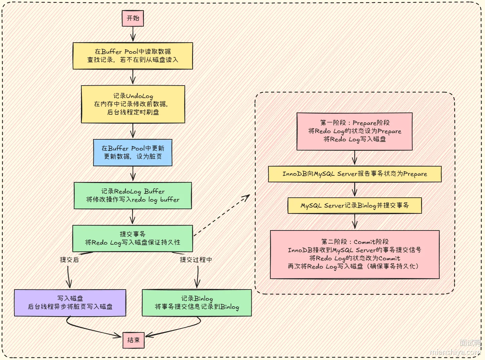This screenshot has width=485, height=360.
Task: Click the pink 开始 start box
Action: [133, 18]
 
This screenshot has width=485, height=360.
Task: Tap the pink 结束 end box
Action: [133, 340]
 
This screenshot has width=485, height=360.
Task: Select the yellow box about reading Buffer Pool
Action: [133, 56]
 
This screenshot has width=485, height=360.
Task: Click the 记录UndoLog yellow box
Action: [133, 104]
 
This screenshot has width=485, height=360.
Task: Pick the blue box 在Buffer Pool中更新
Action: [133, 152]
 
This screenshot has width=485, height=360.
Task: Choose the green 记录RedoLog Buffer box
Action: [133, 195]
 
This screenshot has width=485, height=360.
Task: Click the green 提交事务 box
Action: [133, 238]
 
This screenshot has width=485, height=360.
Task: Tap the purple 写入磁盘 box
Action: [70, 303]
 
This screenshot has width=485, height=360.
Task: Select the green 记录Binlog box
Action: [197, 303]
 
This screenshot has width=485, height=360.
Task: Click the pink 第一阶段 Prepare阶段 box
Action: [355, 131]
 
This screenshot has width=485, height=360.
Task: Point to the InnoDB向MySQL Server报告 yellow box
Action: [355, 174]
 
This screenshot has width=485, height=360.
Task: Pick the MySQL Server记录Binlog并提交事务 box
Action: [355, 206]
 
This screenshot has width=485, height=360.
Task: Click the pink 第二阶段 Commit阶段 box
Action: [355, 254]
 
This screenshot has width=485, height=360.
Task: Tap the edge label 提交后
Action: [69, 260]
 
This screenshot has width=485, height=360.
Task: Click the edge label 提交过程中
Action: [196, 260]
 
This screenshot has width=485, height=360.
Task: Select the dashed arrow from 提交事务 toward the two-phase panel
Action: [222, 215]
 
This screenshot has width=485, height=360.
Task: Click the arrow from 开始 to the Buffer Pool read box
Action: [133, 34]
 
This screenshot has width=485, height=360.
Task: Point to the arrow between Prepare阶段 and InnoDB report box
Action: [355, 158]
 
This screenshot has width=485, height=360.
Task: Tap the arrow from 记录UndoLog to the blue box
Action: [133, 131]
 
